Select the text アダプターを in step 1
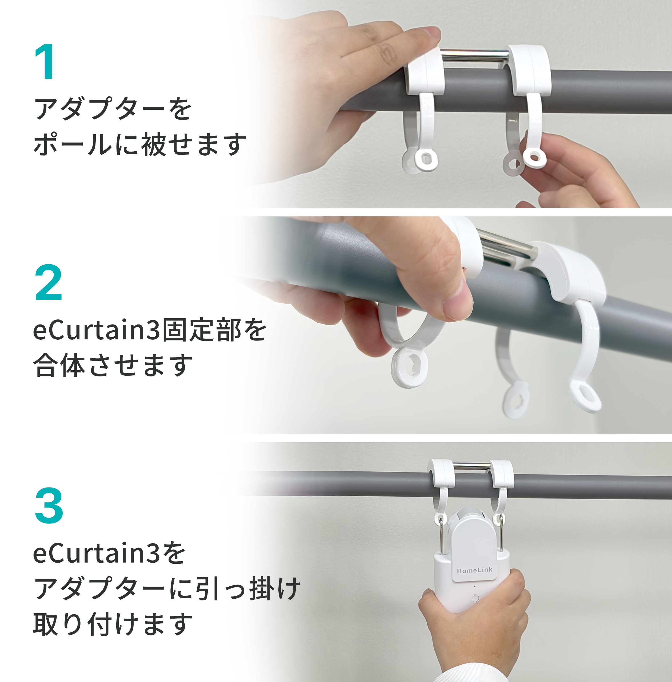pyautogui.click(x=113, y=109)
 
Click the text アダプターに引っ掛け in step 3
pyautogui.click(x=167, y=588)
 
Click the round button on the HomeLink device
pyautogui.click(x=475, y=598)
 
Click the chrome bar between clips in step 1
pyautogui.click(x=475, y=56)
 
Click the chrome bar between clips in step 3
pyautogui.click(x=472, y=466)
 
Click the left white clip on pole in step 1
pyautogui.click(x=424, y=72)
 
